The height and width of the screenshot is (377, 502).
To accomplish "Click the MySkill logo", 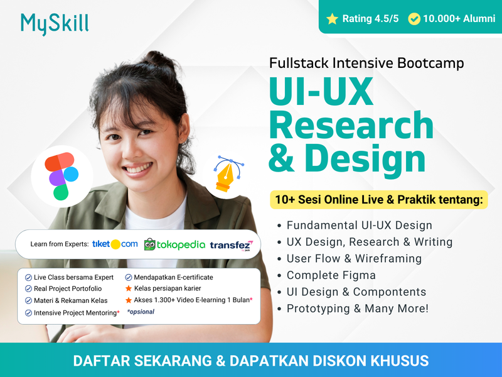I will point(55,23).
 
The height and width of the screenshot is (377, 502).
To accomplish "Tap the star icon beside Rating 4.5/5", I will point(332,19).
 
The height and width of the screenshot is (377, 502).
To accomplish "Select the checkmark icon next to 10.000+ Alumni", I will point(414,19).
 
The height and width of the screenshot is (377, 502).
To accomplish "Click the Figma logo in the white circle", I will point(61,176).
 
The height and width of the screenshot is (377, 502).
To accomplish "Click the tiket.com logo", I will point(115,244).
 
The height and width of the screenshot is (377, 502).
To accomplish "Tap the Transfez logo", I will point(231,245).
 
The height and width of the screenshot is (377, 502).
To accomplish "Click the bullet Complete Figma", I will point(331,275).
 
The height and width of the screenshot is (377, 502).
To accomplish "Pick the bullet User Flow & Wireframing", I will point(354,258).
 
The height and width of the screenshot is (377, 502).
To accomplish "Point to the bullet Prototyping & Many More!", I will point(358,309).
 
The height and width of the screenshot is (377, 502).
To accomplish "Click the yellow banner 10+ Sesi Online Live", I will point(378,200).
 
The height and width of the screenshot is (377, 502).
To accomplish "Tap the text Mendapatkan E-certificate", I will point(173,277).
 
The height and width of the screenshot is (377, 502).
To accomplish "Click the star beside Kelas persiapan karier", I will point(129,288).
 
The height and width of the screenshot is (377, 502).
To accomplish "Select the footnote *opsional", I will point(141,312).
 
